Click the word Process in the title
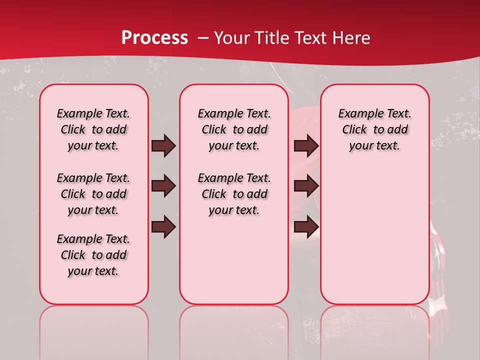tap(154, 38)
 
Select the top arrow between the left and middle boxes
tap(163, 146)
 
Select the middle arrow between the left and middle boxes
tap(163, 186)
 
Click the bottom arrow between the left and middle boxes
tap(163, 227)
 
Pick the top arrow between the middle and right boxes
tap(306, 146)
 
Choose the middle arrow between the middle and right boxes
tap(306, 186)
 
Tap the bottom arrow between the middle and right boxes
tap(306, 227)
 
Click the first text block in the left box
tap(93, 129)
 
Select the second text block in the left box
tap(93, 194)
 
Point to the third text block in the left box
tap(93, 255)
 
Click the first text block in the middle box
tap(234, 129)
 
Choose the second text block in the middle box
tap(234, 194)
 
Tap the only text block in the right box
tap(374, 129)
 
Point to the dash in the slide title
tap(203, 38)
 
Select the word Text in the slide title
tap(312, 38)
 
